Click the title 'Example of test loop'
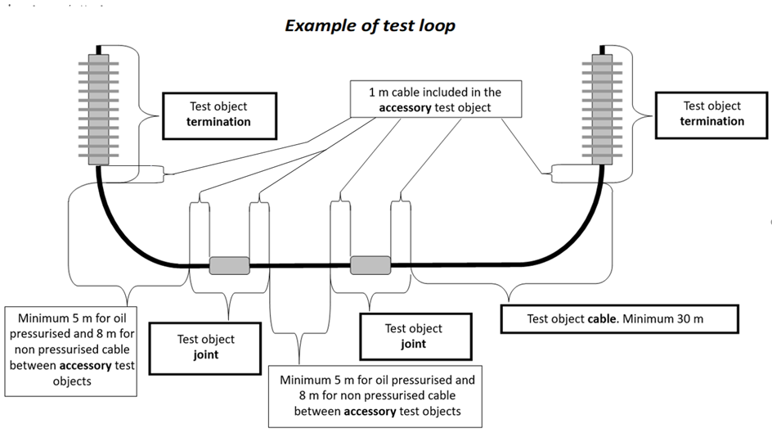click(370, 25)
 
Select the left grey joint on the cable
click(229, 265)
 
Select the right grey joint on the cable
click(370, 265)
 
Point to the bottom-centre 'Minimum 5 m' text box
click(377, 395)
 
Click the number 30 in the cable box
click(676, 318)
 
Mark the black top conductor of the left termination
click(98, 49)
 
